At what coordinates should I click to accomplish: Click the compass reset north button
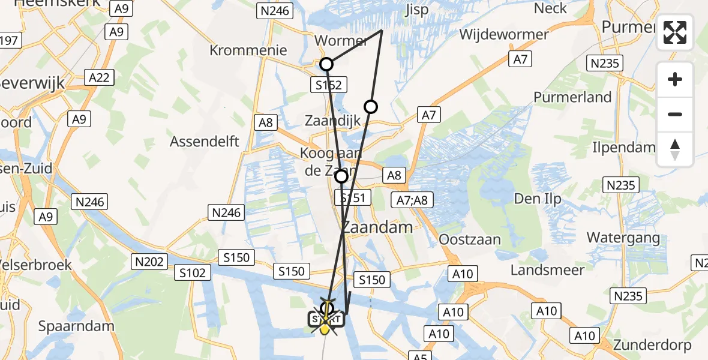click(x=675, y=149)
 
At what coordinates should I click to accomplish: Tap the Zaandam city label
click(x=377, y=227)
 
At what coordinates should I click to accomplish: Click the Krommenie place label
click(x=248, y=50)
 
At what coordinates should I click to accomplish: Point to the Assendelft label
click(x=205, y=142)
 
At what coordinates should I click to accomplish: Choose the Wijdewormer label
click(x=504, y=34)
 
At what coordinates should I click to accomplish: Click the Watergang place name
click(x=623, y=238)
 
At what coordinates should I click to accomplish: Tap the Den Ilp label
click(x=535, y=198)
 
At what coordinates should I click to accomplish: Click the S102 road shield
click(x=193, y=273)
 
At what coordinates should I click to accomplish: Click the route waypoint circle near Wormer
click(x=326, y=64)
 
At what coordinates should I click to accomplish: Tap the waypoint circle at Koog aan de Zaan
click(x=341, y=176)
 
